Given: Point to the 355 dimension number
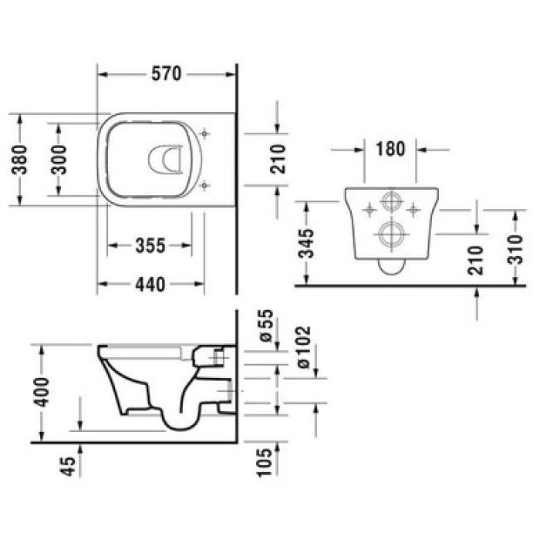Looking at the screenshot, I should point(150,246).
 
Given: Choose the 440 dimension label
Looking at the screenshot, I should point(150,285).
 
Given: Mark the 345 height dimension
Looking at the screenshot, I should point(308,244).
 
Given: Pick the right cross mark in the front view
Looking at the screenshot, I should point(414,208).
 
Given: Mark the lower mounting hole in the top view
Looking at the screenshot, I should point(204,186).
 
